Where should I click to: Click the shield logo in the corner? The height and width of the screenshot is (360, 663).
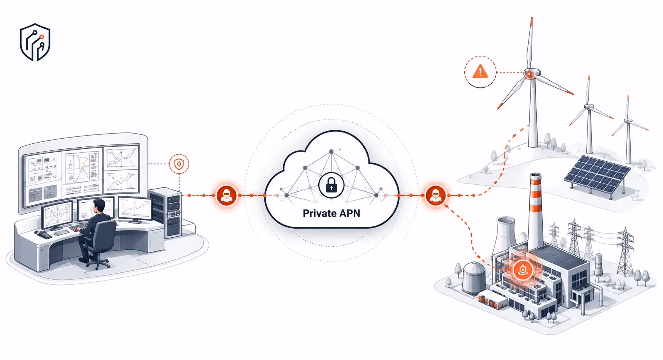pyautogui.click(x=35, y=42)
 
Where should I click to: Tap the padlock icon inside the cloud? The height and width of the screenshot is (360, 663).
pyautogui.click(x=331, y=185)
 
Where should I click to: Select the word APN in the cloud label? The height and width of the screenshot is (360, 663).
pyautogui.click(x=349, y=213)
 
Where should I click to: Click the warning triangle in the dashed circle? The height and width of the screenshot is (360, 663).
pyautogui.click(x=480, y=72)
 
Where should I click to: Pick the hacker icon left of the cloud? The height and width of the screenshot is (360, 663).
pyautogui.click(x=226, y=196)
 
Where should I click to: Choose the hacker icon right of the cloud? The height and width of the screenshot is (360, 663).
pyautogui.click(x=436, y=196)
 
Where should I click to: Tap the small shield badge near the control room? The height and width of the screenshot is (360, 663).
pyautogui.click(x=179, y=164)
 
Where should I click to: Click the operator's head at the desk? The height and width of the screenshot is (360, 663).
pyautogui.click(x=99, y=205)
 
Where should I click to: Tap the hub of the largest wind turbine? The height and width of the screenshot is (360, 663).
pyautogui.click(x=529, y=73)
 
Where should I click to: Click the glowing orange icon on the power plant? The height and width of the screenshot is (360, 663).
pyautogui.click(x=523, y=270)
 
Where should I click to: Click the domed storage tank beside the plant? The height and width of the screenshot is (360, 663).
pyautogui.click(x=474, y=278)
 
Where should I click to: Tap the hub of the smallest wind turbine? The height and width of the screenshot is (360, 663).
pyautogui.click(x=628, y=120)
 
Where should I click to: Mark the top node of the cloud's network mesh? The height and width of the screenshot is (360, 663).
pyautogui.click(x=331, y=151)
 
